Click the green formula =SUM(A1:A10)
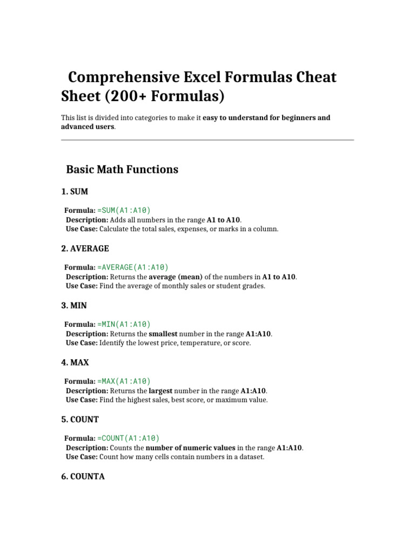(x=124, y=210)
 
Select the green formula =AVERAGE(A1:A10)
(x=133, y=267)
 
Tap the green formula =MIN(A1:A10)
(x=124, y=324)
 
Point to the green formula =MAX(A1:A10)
(x=124, y=381)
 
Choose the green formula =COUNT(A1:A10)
(x=129, y=438)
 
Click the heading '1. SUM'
(x=75, y=192)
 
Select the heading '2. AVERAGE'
(x=85, y=248)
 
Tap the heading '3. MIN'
(x=74, y=306)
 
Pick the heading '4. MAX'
(x=75, y=362)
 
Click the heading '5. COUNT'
(x=80, y=420)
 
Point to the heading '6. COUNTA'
(x=83, y=477)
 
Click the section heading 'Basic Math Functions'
(x=122, y=170)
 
